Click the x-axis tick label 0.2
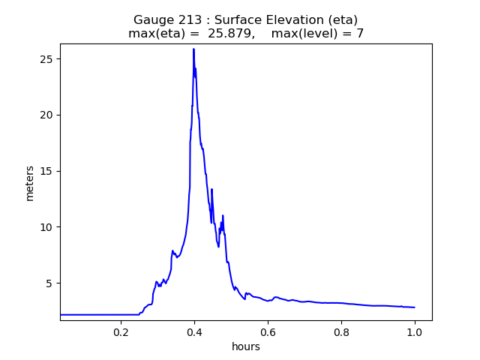121,331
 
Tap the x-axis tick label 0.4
194,331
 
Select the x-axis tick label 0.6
268,331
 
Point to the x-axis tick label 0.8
341,331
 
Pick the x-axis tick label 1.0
415,331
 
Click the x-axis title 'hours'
246,346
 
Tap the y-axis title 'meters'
30,182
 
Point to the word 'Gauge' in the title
152,20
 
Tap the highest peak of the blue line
193,49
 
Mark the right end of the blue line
414,307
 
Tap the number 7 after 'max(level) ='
360,34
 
